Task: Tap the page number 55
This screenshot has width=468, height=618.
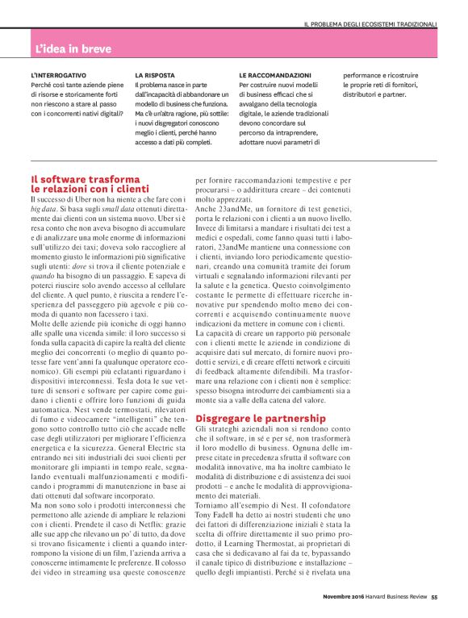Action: [x=433, y=598]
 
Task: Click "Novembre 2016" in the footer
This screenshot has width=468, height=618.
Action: [x=342, y=598]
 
